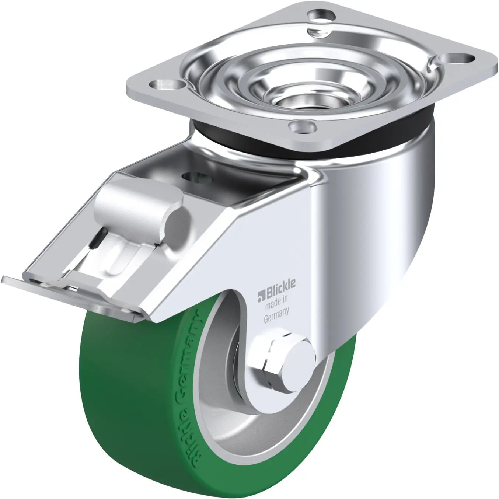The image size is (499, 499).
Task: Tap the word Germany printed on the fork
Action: [276, 315]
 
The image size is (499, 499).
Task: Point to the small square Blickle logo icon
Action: [261, 297]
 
